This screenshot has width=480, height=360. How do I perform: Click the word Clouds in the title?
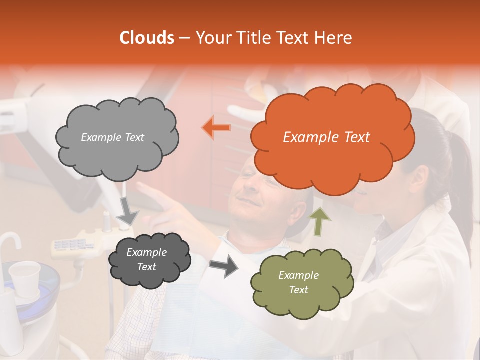coord(147,38)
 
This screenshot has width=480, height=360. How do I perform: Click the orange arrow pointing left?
coord(216,128)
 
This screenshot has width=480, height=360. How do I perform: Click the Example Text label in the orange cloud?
coord(326,137)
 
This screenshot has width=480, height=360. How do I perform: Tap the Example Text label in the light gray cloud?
coord(112,137)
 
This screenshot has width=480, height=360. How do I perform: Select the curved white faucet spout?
coord(10,242)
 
